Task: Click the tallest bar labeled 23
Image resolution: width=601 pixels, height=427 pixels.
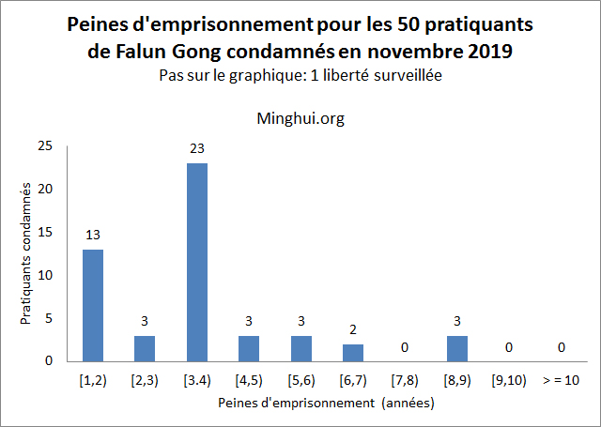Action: pos(196,262)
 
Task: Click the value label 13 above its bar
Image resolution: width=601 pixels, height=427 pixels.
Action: pos(92,234)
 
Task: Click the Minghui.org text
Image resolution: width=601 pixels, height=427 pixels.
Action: pos(300,119)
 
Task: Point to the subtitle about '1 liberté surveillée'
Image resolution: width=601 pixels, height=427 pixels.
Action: pos(300,77)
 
